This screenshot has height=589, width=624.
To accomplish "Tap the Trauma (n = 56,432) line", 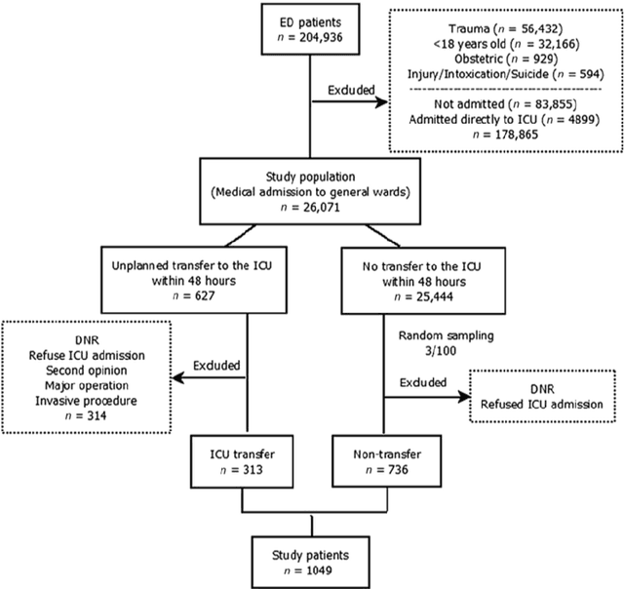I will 505,30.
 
